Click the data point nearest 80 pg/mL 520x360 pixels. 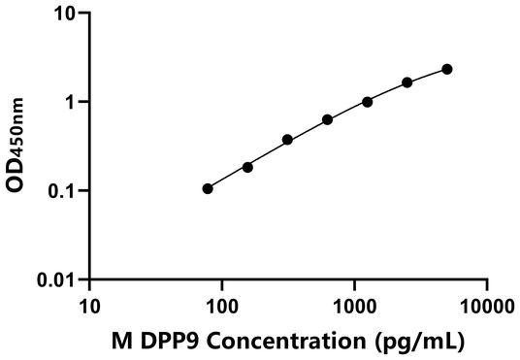(208, 188)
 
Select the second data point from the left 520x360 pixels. (247, 167)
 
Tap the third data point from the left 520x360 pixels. (287, 140)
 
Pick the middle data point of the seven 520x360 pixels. (327, 119)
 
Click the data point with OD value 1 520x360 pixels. (367, 102)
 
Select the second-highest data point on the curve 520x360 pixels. (406, 82)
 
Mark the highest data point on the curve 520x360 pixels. (446, 69)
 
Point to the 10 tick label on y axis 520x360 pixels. (64, 14)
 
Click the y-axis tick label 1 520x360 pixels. (70, 102)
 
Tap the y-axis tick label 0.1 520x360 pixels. (61, 190)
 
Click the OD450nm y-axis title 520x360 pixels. (19, 147)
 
